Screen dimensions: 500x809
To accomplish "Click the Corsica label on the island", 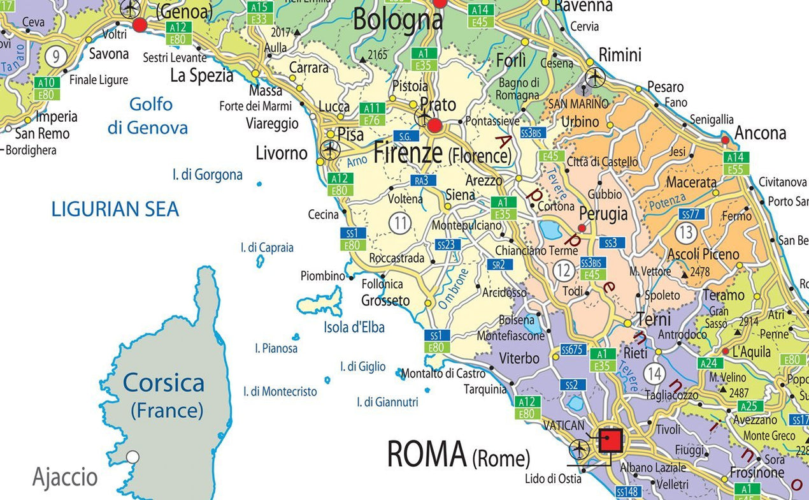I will point(164,383).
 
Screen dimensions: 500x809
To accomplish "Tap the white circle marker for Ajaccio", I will point(132,457).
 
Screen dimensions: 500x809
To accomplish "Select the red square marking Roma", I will point(611,440).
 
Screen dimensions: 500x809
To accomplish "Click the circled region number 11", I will point(399,223).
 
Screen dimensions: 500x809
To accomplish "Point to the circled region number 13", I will point(685,233).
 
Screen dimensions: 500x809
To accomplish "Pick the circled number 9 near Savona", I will point(56,57).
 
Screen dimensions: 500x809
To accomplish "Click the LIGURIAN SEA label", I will point(115,209).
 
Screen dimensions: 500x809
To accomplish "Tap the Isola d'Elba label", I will point(354,327).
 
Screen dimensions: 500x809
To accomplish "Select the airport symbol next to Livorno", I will point(330,150).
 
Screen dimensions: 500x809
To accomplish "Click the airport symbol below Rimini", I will point(595,78).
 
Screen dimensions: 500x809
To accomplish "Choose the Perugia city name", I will point(603,214).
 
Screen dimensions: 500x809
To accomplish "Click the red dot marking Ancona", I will point(725,140).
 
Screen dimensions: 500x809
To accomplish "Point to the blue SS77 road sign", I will point(692,214).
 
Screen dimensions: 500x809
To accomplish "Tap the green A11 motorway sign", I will point(372,108).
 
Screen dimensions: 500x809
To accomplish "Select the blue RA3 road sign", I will point(422,180).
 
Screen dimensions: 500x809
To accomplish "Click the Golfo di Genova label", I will point(148,115).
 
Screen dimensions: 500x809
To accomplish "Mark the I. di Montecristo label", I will point(280,392).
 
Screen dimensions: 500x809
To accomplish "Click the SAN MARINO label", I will point(579,104).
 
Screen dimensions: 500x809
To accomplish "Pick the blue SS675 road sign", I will point(573,349).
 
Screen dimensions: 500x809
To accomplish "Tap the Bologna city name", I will point(397,20).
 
